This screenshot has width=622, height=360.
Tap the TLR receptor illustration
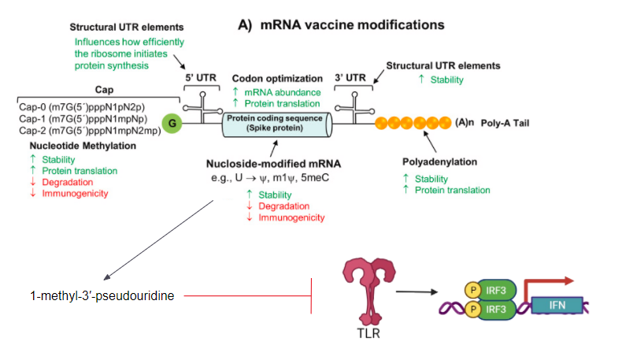(x=368, y=292)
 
